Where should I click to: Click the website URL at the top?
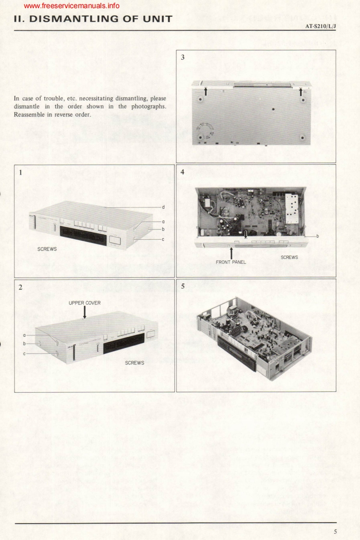(71, 6)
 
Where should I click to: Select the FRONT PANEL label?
(231, 262)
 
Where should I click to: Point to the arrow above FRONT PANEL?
(231, 252)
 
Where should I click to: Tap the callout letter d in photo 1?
(164, 207)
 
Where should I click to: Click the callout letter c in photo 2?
(24, 353)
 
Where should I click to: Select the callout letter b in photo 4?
(317, 236)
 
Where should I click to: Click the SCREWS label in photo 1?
(48, 250)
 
